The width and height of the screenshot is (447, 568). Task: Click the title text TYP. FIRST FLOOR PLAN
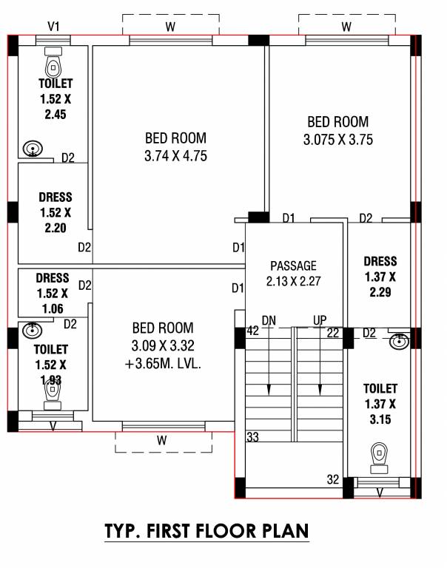coord(206,531)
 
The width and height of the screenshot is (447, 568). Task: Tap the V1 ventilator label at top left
coord(53,27)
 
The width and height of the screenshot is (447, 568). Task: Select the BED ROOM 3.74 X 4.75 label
coord(175,146)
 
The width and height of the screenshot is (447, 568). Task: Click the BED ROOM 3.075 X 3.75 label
coord(338,130)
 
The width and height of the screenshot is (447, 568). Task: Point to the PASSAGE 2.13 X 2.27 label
coord(293,273)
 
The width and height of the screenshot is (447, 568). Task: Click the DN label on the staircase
coord(269,320)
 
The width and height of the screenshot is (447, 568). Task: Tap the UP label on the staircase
coord(320,320)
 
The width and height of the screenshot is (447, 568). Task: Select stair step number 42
coord(252,331)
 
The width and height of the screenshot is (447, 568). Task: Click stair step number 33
coord(252,438)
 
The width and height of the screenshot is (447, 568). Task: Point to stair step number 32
coord(332,479)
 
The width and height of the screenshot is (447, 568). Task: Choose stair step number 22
coord(332,334)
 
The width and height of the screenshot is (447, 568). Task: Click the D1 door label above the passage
coord(289,218)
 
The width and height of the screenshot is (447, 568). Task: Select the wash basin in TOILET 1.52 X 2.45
coord(33,149)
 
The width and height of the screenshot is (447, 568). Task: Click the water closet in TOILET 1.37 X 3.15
coord(379,455)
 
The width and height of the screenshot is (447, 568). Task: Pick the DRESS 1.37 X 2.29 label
coord(380,276)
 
